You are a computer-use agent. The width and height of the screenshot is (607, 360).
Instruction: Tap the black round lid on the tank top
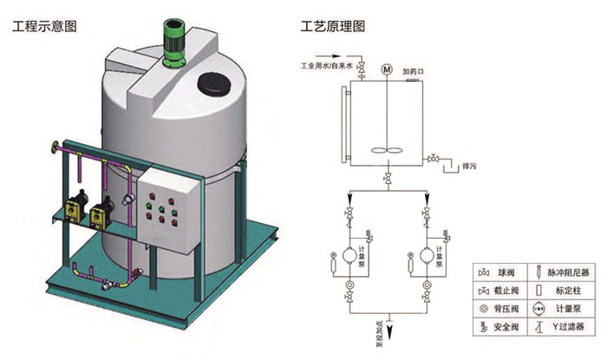(x=213, y=83)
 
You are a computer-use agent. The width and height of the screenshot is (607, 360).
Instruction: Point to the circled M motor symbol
(x=386, y=66)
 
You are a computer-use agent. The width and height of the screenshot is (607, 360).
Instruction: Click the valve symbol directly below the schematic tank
(x=386, y=179)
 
